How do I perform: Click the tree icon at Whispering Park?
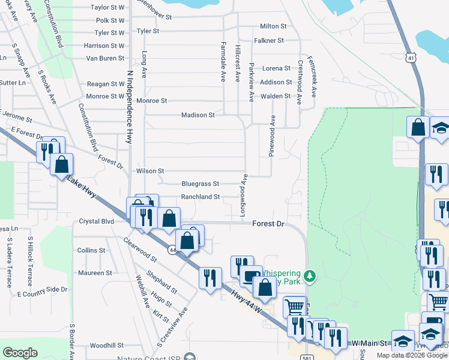click(x=310, y=275)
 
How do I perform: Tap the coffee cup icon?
click(x=251, y=276)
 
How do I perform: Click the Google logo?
click(x=20, y=353)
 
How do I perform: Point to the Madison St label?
click(x=198, y=115)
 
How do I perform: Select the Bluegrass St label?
click(x=200, y=184)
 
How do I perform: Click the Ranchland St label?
click(x=200, y=196)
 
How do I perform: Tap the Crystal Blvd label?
click(x=97, y=221)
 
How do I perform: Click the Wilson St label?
click(x=150, y=171)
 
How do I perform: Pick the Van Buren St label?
click(x=104, y=58)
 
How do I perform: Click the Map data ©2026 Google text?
click(x=412, y=355)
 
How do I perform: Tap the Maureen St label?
click(x=95, y=272)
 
